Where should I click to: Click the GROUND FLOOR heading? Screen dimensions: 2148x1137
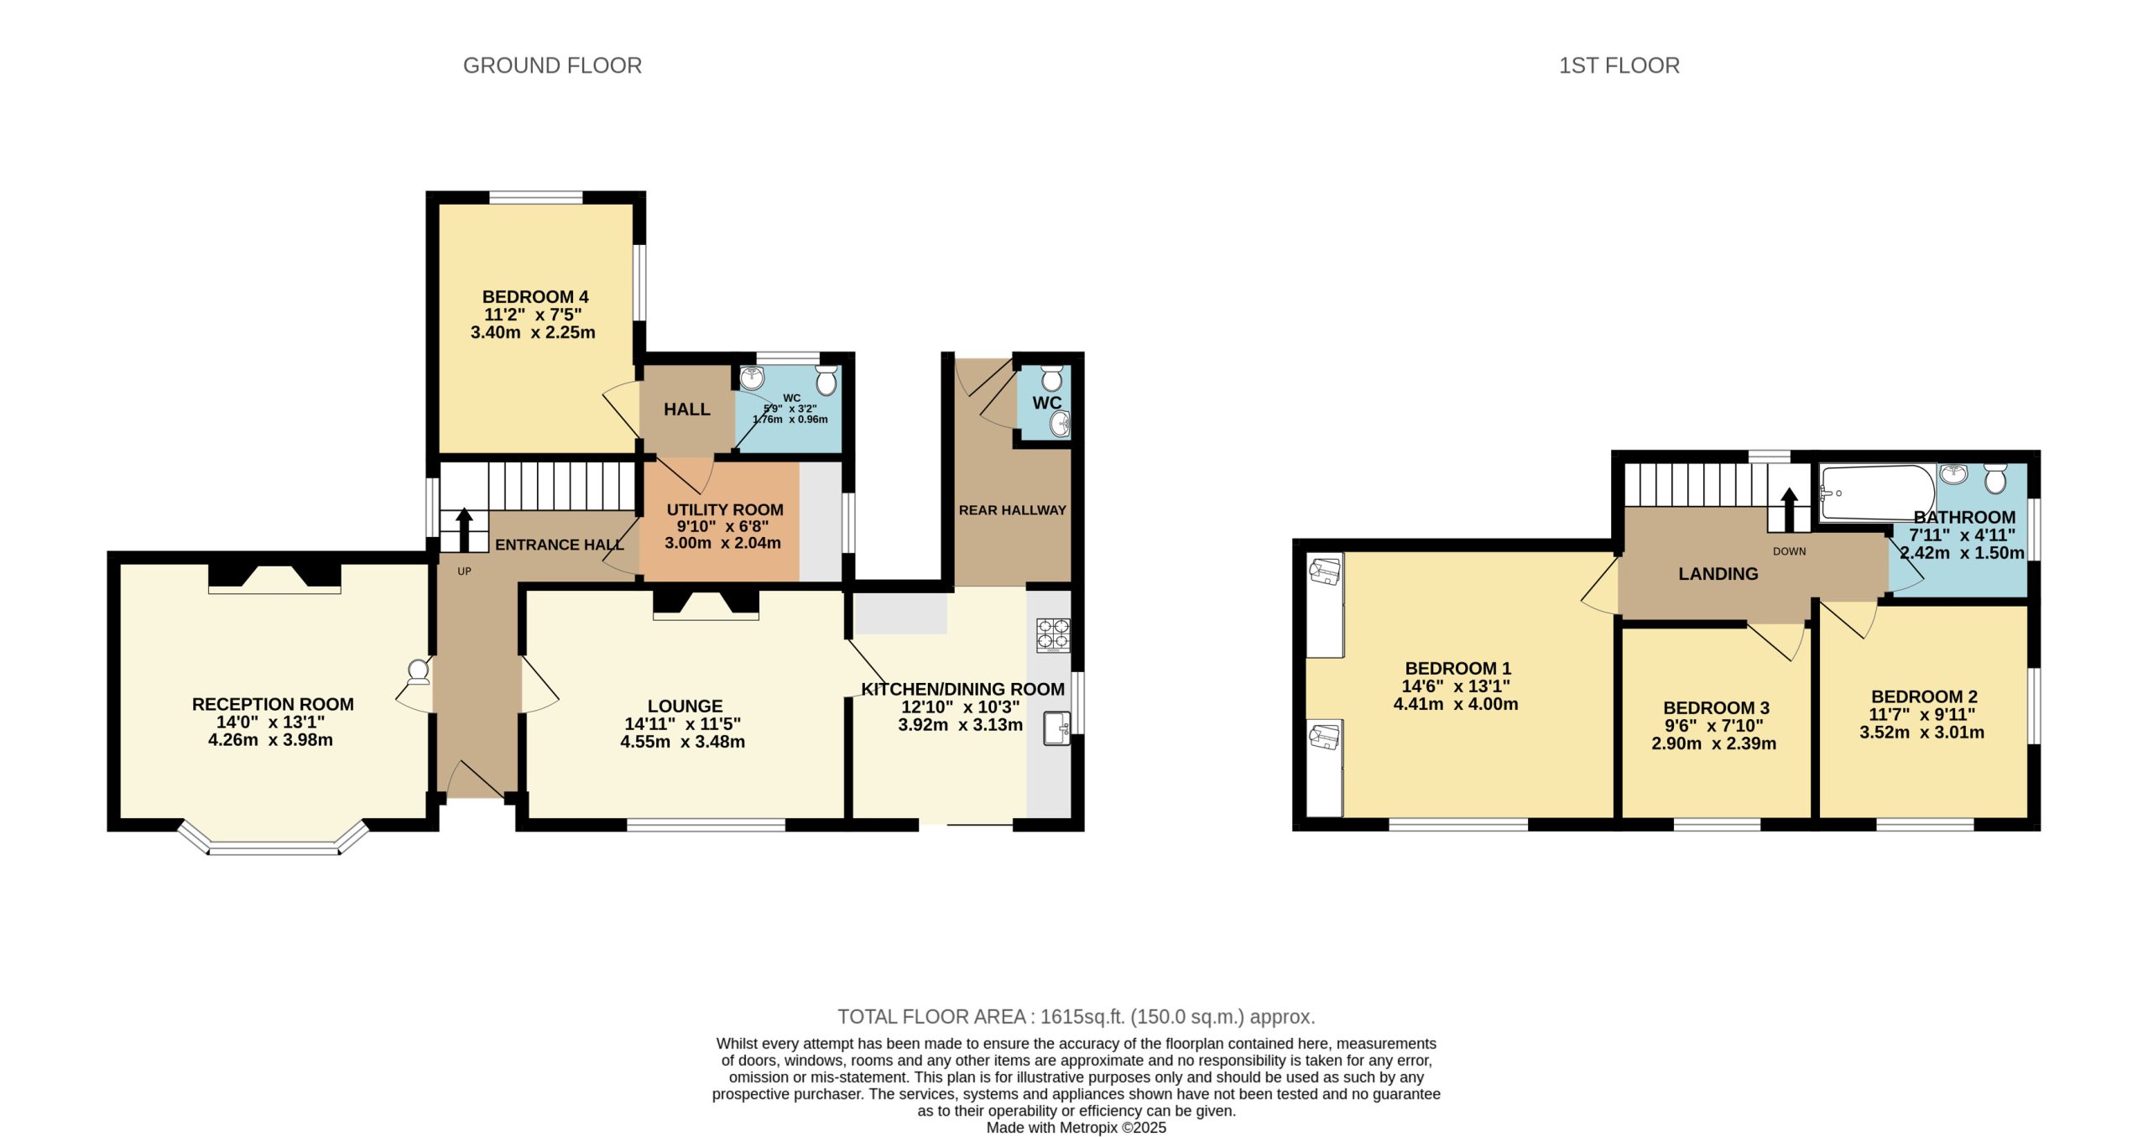pos(552,65)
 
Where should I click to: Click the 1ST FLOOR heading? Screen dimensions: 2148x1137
pos(1619,65)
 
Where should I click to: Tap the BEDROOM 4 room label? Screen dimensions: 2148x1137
pos(535,297)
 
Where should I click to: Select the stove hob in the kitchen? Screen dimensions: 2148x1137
pos(1053,635)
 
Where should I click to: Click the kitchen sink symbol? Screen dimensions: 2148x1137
pos(1056,728)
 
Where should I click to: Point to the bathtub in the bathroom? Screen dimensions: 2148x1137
pos(1878,493)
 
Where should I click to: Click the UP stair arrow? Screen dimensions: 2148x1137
pos(464,529)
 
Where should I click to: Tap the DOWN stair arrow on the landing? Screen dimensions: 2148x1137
pos(1789,509)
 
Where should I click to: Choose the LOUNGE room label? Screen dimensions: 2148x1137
pos(685,707)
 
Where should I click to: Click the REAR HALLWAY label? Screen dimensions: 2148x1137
pos(1013,510)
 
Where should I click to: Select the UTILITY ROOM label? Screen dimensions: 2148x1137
pos(725,509)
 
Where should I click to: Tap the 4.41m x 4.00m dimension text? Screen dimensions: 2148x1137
pos(1456,704)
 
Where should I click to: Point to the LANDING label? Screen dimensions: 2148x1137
pos(1718,574)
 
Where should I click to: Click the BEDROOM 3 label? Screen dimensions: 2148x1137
pos(1717,708)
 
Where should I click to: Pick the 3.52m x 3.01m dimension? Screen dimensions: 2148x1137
pos(1922,732)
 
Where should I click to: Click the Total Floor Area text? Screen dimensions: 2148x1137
pos(1077,1017)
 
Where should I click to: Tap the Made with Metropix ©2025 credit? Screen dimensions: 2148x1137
pos(1077,1128)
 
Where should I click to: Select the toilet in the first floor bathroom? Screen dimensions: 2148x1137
pos(1995,479)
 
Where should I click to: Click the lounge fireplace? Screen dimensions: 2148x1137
pos(706,605)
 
